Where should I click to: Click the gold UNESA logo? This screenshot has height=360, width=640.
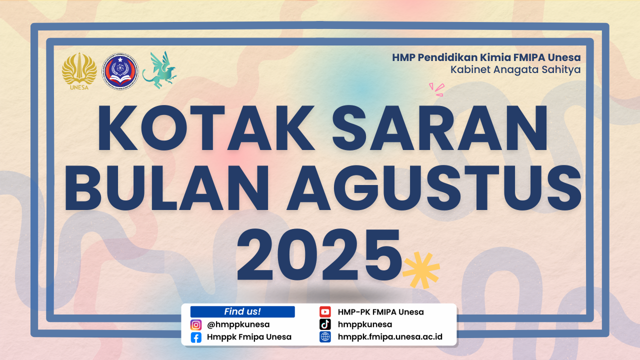[79, 71]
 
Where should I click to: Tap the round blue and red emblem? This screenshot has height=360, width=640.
[120, 71]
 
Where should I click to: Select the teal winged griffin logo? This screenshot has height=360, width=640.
[159, 70]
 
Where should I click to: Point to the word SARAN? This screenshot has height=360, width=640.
[440, 127]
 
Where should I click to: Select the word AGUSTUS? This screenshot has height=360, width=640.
[434, 187]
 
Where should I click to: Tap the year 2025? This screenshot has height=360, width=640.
[319, 254]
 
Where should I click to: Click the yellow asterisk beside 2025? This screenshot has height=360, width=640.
[421, 270]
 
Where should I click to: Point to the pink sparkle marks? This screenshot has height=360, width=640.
[437, 89]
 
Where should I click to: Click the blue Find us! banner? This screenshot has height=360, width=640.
[242, 311]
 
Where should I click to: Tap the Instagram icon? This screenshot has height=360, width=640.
[196, 325]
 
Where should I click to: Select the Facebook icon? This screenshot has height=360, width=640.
[196, 337]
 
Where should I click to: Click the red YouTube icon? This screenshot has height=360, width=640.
[325, 311]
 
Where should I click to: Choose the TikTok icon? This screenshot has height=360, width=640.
[325, 324]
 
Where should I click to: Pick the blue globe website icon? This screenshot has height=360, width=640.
[325, 337]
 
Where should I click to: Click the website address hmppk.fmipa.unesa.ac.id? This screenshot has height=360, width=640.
[390, 337]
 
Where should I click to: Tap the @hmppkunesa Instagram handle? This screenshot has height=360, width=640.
[238, 325]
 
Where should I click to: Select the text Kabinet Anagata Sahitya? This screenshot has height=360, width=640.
[515, 69]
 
